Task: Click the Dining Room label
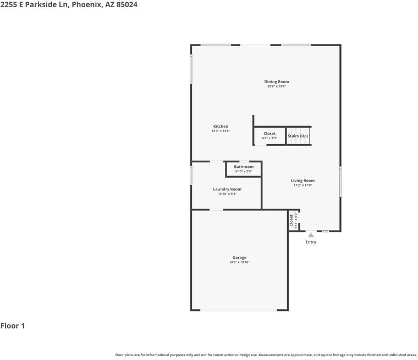click(276, 81)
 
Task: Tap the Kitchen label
click(221, 127)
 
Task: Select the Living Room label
click(302, 181)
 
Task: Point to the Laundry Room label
click(227, 189)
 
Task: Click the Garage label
click(239, 258)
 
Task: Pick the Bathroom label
click(244, 167)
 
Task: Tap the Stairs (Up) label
click(298, 136)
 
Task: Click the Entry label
click(311, 242)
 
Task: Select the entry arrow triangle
click(311, 235)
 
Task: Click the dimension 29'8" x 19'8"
click(276, 86)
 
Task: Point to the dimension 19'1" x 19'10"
click(239, 263)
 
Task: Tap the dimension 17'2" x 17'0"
click(302, 186)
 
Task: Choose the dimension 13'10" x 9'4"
click(227, 194)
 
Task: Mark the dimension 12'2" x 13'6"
click(221, 131)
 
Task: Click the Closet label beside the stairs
click(269, 133)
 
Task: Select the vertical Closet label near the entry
click(291, 220)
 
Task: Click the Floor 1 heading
click(13, 326)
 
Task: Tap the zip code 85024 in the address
click(127, 4)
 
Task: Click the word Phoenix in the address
click(86, 4)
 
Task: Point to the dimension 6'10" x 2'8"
click(244, 172)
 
